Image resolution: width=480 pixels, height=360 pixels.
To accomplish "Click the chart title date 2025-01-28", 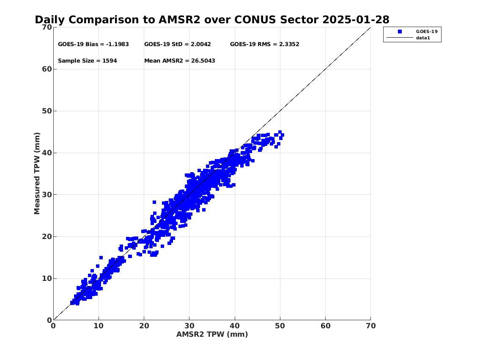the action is pos(356,19).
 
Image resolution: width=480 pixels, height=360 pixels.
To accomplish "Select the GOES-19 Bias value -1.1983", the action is pos(117,44).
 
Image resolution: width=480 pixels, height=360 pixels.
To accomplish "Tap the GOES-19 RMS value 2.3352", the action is pos(289,44).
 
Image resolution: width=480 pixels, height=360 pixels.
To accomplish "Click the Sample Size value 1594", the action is pos(110,60).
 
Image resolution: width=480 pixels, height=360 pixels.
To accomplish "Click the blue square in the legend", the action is pos(400,32).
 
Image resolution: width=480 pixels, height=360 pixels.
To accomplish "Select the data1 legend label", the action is pos(423,38).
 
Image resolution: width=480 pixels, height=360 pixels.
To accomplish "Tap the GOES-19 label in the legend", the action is pos(427,32).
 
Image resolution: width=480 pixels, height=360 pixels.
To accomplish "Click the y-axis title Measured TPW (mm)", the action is pos(37,173).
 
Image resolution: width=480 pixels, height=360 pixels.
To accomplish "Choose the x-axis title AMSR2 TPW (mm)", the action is pos(212,334).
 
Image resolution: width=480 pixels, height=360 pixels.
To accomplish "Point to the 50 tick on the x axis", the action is pos(280,326).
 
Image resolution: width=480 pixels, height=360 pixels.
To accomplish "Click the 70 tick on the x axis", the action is pos(371,326).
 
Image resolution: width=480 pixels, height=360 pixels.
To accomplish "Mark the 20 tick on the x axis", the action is pos(144,326).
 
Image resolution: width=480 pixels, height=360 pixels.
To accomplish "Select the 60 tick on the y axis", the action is pos(47,69).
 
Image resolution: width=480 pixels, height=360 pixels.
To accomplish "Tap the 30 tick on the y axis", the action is pos(47,195).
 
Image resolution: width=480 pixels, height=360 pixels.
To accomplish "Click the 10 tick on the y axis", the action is pos(47,278).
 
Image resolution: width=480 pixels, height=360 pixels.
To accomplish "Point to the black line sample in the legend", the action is pos(400,38).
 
